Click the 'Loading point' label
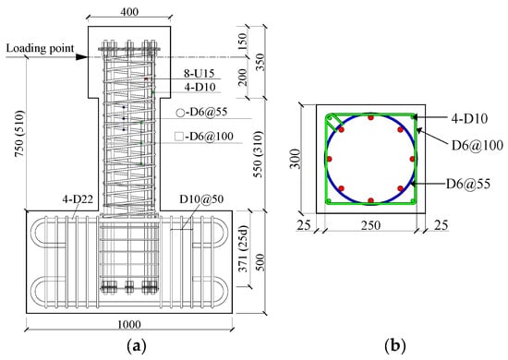[x=40, y=49]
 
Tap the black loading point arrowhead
[x=81, y=57]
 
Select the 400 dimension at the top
[x=129, y=12]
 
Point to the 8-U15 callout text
[x=200, y=74]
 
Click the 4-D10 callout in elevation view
[x=200, y=87]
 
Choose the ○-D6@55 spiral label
[x=201, y=113]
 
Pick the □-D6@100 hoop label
[x=204, y=137]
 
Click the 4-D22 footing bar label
[x=78, y=198]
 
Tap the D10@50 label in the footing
[x=201, y=198]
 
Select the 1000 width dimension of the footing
[x=129, y=324]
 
